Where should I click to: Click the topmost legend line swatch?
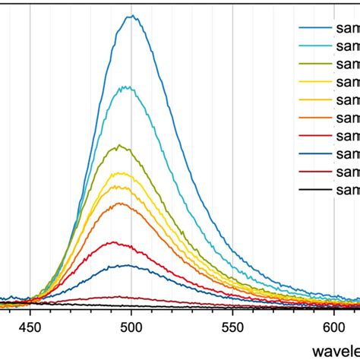(x=312, y=27)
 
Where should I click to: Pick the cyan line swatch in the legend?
(x=312, y=46)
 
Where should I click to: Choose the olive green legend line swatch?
(x=312, y=64)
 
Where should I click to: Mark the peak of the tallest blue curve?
(x=132, y=16)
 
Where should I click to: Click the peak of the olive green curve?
(x=120, y=146)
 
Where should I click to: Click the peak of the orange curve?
(x=118, y=203)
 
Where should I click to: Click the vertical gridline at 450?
(x=30, y=152)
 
